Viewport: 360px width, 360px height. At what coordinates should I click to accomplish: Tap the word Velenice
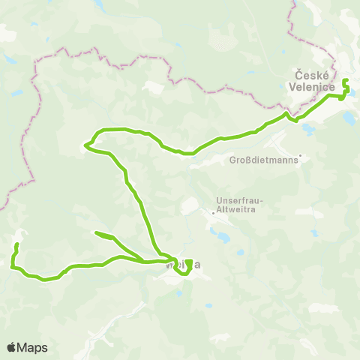pyautogui.click(x=310, y=86)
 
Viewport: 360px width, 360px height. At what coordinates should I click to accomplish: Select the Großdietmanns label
pyautogui.click(x=263, y=160)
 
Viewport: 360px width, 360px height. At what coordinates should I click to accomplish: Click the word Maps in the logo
pyautogui.click(x=33, y=347)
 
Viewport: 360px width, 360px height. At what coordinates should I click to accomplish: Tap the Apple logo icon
pyautogui.click(x=11, y=346)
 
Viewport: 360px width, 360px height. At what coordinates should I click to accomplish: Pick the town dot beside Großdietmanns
pyautogui.click(x=299, y=157)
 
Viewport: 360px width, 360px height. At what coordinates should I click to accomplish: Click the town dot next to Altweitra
pyautogui.click(x=213, y=212)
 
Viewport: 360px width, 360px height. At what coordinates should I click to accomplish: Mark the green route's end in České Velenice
pyautogui.click(x=344, y=81)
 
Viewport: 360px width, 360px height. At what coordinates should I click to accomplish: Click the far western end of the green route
pyautogui.click(x=16, y=244)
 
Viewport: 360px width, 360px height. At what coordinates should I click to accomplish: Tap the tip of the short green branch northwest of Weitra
pyautogui.click(x=94, y=233)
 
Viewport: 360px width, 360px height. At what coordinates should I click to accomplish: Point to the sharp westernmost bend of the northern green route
pyautogui.click(x=86, y=145)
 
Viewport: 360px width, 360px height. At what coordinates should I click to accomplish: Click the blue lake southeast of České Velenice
pyautogui.click(x=349, y=118)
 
